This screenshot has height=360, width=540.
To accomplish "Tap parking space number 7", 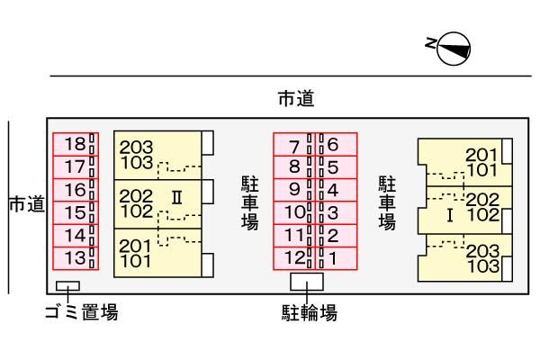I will point(292,144).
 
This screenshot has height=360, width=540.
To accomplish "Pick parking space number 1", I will point(336,258).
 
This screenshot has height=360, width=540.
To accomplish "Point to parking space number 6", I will point(336,144).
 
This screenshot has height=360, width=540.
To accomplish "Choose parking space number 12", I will point(292,258).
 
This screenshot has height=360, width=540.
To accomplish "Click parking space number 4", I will point(336,190).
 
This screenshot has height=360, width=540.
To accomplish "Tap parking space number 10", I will point(292,213).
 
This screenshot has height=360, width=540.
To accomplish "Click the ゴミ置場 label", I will point(82,312).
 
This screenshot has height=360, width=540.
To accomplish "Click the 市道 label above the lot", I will point(295,100).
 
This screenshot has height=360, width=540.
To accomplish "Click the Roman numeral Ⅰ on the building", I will point(448,215).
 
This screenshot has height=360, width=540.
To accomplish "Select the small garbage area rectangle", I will point(67,286).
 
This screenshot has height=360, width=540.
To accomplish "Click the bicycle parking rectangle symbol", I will point(308,281).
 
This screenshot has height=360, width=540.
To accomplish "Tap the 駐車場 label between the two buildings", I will point(388,202).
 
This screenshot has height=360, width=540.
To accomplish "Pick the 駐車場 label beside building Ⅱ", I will point(250,202).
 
